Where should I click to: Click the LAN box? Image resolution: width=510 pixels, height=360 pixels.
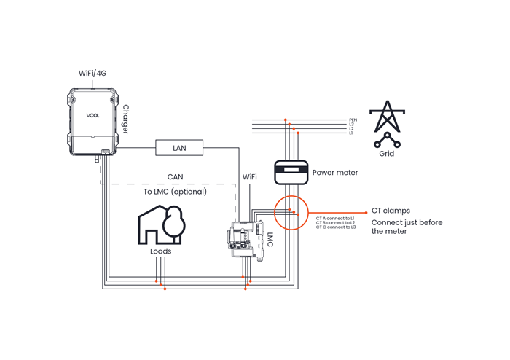pos(179,148)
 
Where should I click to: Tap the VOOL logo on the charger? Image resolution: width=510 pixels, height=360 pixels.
pos(93,115)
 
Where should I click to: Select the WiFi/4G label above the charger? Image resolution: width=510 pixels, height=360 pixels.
pos(93,73)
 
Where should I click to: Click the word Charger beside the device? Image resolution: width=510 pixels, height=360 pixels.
pos(125,119)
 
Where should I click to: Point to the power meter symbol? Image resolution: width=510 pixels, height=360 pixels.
pos(291,173)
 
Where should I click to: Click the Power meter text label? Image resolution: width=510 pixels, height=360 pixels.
pos(335,173)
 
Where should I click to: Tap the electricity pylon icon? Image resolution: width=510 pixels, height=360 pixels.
pos(387,117)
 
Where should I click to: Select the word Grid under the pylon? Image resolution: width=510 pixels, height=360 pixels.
pos(387,154)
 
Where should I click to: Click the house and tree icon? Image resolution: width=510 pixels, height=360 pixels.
pos(162,224)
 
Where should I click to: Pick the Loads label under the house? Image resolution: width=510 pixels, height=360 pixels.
pos(161,251)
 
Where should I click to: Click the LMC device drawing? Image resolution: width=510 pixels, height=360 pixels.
pos(245,239)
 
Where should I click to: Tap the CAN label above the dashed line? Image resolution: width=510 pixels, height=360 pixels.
pos(175,177)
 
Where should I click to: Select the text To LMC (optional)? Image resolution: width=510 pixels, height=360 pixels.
pos(175,192)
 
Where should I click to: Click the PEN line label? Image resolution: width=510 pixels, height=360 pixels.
pos(353,120)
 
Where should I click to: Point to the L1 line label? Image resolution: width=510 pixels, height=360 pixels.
pos(351,133)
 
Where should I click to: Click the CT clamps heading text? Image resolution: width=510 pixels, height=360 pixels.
pos(391,211)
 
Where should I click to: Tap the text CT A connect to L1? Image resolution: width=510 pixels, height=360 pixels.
pos(335,219)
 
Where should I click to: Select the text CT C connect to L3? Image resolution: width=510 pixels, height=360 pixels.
pos(336,227)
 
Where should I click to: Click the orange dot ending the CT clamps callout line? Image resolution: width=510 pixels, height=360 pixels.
pos(366,213)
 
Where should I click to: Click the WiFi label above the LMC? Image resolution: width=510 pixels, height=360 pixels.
pos(249,177)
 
